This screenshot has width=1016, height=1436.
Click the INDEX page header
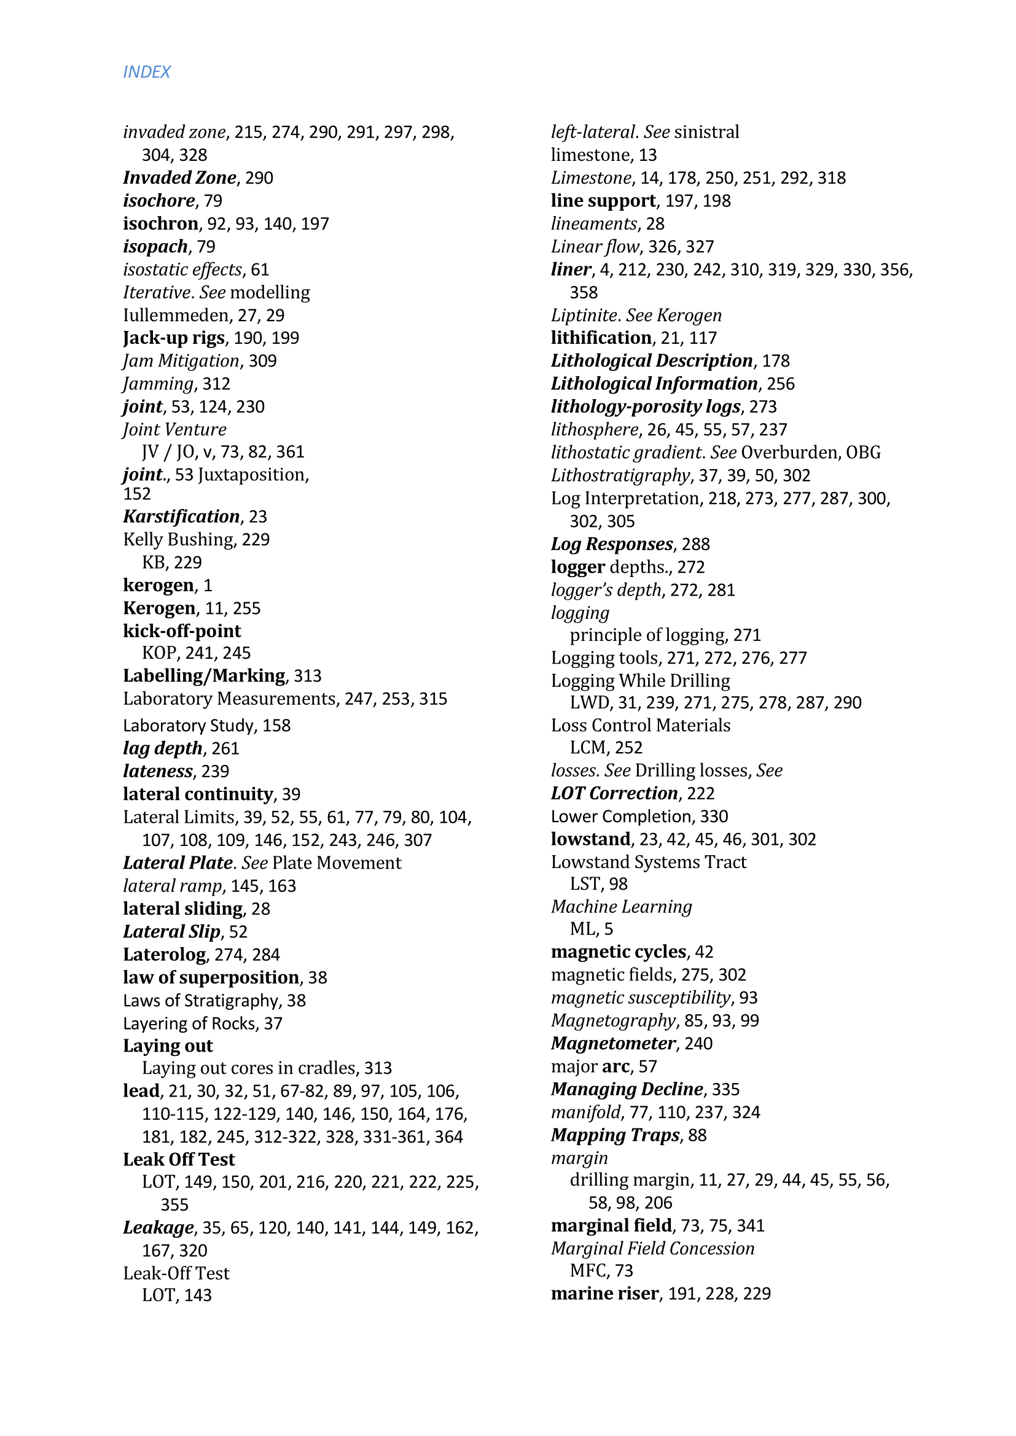coord(146,72)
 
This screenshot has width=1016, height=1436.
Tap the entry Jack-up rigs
coord(173,338)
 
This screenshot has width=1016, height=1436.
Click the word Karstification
coord(181,516)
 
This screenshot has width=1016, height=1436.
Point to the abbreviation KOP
coord(160,653)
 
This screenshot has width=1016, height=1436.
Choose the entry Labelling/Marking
coord(204,675)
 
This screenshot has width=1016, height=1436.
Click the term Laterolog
coord(165,955)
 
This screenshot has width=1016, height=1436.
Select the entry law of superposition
coord(211,977)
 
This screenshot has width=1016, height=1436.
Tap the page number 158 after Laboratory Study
coord(276,726)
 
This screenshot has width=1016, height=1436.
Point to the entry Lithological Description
coord(651,361)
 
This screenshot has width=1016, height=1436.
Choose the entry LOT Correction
coord(614,793)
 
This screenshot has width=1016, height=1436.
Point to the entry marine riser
coord(605,1294)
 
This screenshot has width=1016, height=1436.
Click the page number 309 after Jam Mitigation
coord(262,361)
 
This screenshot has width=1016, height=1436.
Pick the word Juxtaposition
coord(252,475)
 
